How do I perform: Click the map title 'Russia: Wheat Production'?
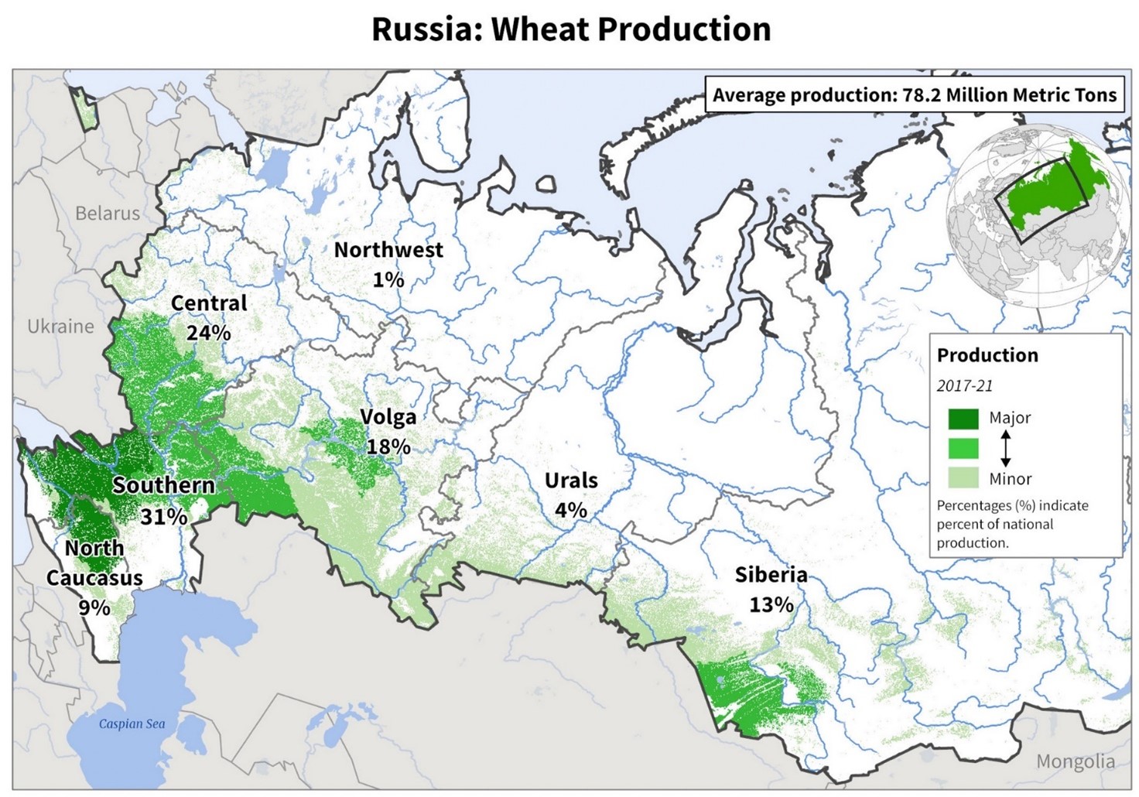571,30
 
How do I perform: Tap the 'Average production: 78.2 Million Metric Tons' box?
914,95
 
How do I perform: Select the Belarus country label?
108,214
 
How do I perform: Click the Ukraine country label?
60,327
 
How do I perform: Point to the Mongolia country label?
1075,761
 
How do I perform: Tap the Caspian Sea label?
132,724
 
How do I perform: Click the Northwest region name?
388,250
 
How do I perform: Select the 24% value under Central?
209,333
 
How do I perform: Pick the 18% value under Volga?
388,446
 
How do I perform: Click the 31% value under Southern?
163,516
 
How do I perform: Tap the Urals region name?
571,481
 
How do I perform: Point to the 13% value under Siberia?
771,604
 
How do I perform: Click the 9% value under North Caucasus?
94,607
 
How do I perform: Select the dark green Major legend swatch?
963,419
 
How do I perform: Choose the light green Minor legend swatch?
963,478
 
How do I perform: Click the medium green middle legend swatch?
963,448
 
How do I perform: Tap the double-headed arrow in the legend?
1005,448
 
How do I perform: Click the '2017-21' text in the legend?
964,386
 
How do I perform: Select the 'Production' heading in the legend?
987,355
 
